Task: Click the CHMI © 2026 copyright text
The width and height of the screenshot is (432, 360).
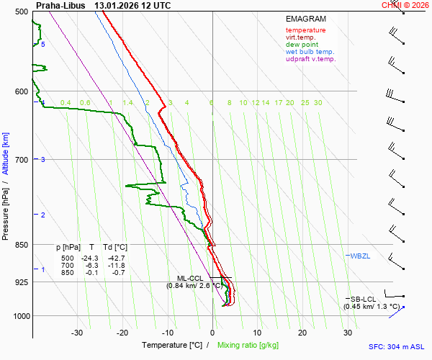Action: (406, 5)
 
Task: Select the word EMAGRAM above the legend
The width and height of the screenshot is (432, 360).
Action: (305, 19)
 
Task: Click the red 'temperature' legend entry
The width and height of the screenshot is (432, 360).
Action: (305, 30)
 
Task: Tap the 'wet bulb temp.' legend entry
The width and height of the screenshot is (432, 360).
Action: (310, 52)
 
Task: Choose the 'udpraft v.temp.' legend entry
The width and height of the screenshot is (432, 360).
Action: (310, 59)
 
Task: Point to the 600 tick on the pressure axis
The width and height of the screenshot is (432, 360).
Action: (22, 91)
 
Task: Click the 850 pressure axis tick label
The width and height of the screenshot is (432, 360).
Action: (22, 245)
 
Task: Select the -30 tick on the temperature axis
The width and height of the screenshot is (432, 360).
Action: (77, 333)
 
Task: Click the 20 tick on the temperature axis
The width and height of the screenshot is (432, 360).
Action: (302, 333)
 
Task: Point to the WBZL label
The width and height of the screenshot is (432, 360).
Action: (360, 256)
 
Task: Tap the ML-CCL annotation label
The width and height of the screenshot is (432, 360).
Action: (192, 278)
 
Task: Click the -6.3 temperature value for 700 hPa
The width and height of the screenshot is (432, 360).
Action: (92, 265)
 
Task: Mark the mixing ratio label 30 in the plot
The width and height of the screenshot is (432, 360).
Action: (318, 103)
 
